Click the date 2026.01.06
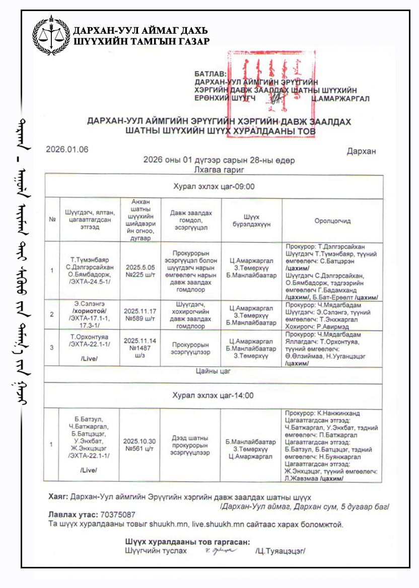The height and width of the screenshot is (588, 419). [67, 149]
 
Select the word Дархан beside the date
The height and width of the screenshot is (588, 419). [361, 151]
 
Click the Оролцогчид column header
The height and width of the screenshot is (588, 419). [332, 220]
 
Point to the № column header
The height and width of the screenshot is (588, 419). [52, 220]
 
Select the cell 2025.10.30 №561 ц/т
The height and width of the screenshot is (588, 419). [139, 445]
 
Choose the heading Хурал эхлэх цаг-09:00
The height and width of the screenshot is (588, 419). [214, 187]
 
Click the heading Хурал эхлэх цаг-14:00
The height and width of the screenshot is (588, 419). [214, 395]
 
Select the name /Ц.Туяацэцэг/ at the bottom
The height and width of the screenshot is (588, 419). [280, 551]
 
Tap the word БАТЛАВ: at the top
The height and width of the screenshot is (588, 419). [211, 73]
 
